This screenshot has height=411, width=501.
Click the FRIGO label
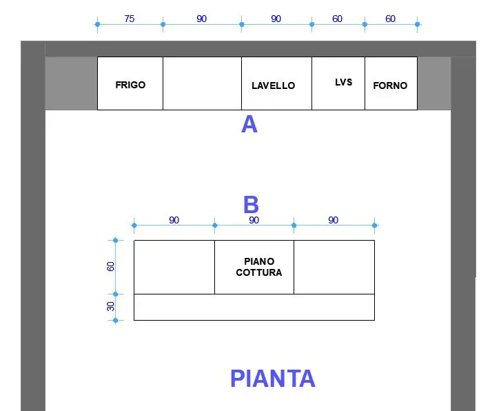tap(130, 85)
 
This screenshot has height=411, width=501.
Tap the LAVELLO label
tap(273, 86)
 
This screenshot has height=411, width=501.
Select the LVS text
tap(343, 82)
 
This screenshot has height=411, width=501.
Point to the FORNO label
tap(390, 86)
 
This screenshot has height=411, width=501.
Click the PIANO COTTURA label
tap(259, 267)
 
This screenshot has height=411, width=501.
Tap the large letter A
tap(249, 124)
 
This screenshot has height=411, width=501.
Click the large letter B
tap(251, 204)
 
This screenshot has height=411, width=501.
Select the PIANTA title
tap(272, 379)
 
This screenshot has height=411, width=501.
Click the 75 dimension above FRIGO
tap(130, 19)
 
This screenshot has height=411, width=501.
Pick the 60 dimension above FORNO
tap(391, 19)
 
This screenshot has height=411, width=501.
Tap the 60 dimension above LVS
tap(338, 19)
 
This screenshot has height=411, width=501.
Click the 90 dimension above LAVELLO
tap(276, 19)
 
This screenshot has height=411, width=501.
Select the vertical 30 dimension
tap(110, 306)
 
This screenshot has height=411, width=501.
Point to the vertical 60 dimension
tap(110, 266)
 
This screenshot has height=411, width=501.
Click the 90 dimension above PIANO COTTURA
tap(254, 220)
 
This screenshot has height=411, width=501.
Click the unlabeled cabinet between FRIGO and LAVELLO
tap(202, 83)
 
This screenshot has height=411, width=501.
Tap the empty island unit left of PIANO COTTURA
tap(174, 267)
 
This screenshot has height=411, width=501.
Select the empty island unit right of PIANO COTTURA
tap(334, 267)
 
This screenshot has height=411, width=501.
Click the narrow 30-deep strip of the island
tap(254, 307)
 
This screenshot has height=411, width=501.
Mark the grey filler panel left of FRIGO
tap(71, 83)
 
